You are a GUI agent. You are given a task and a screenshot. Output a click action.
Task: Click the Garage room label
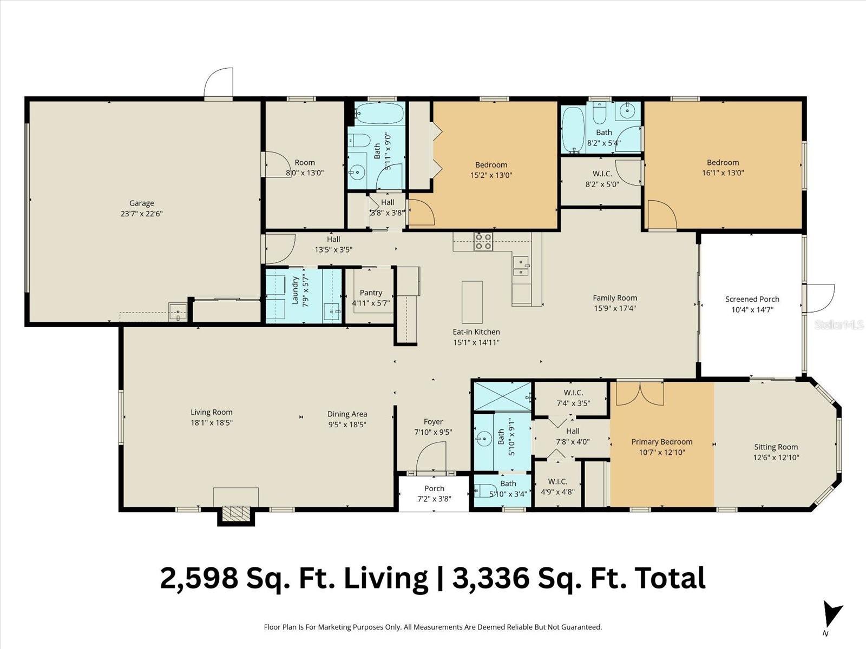[141, 203]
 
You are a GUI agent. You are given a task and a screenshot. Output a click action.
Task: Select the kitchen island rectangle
[472, 302]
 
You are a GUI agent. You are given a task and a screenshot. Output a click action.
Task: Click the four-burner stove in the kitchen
[483, 241]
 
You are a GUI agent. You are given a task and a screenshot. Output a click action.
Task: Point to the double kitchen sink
[521, 265]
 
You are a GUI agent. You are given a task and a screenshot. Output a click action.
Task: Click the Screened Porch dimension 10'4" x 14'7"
[752, 310]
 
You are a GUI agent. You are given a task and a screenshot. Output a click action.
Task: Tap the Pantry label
[371, 293]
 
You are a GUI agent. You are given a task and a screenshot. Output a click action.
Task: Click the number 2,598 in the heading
[199, 578]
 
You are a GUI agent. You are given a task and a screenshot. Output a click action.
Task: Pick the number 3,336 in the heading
[490, 578]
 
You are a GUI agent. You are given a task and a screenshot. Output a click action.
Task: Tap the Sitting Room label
[776, 447]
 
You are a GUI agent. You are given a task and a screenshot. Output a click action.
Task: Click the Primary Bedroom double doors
[640, 393]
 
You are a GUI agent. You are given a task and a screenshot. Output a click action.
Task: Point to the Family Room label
[614, 297]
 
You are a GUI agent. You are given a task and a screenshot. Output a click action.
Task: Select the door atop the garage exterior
[219, 83]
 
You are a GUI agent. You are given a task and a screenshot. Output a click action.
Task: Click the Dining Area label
[347, 414]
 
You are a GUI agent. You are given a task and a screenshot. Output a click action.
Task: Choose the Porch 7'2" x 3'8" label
[434, 488]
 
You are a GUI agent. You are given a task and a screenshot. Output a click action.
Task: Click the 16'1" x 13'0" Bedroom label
[723, 162]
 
